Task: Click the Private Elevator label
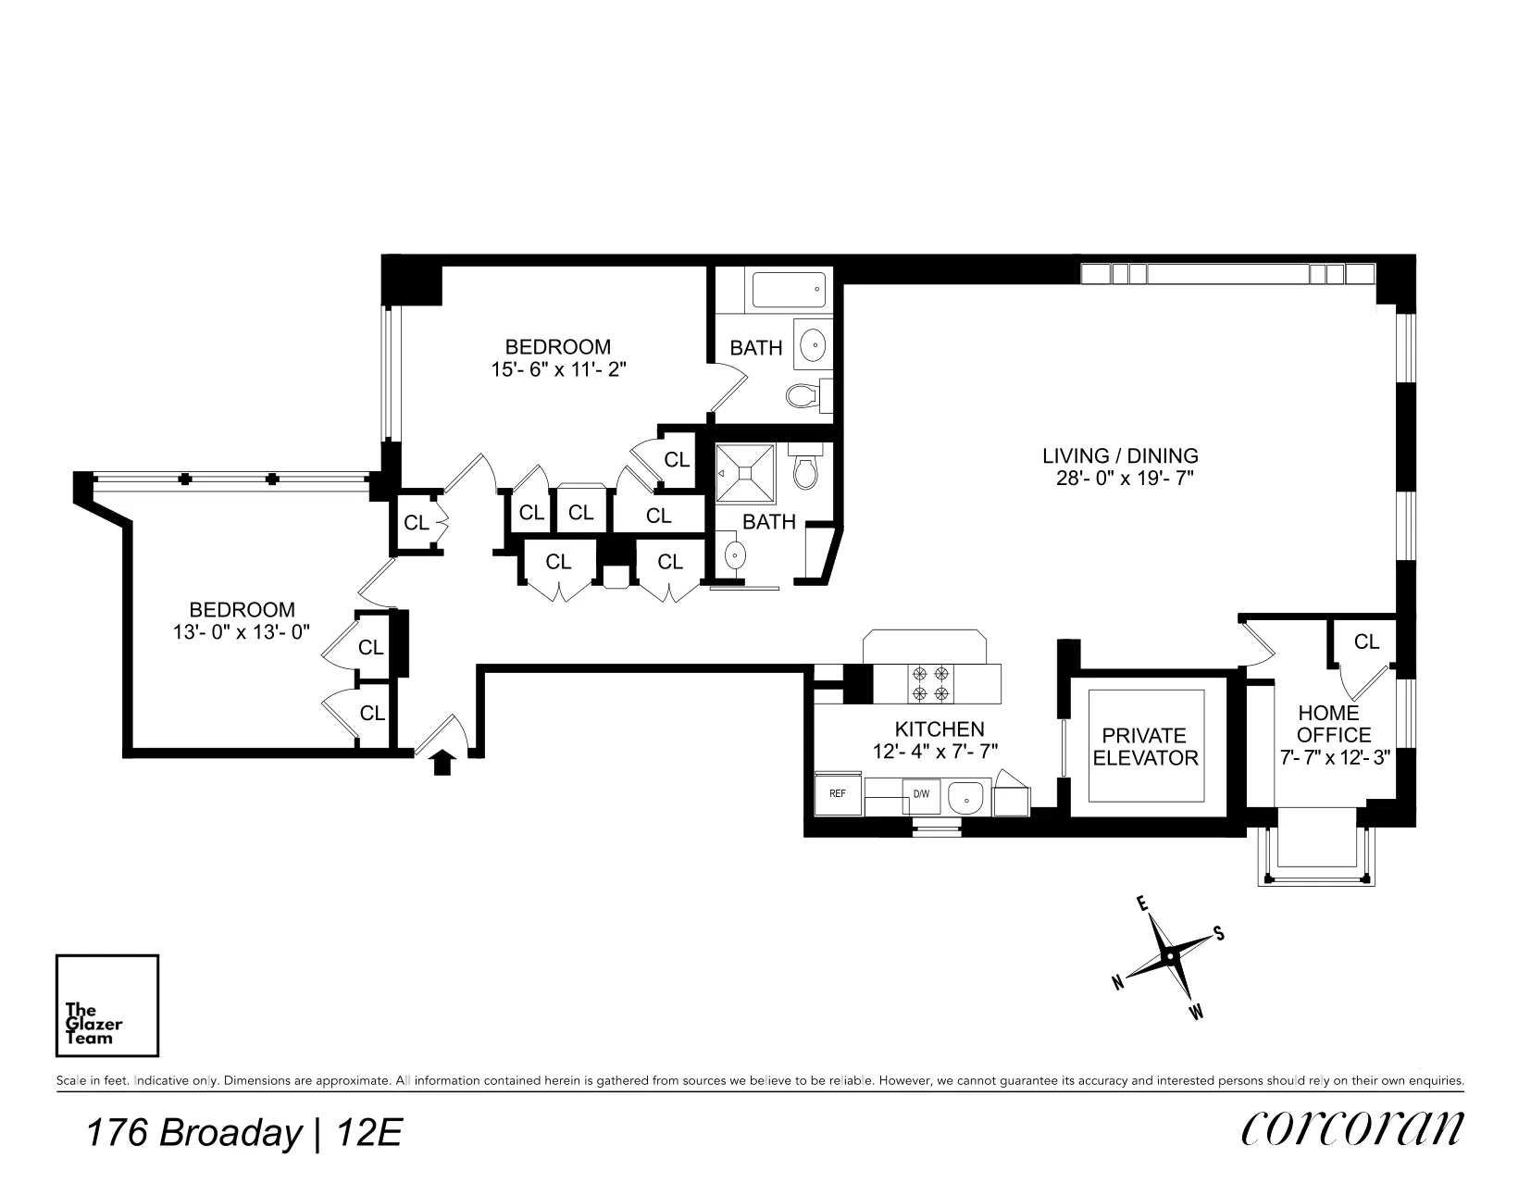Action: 1145,746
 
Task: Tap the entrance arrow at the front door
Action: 442,762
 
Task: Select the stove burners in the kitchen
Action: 930,683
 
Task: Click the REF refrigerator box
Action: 837,793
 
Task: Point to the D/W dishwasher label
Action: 921,794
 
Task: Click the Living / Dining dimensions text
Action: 1120,479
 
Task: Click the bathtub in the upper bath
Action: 787,290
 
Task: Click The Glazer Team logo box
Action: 106,1005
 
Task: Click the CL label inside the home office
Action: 1366,641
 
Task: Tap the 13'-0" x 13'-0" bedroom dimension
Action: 242,632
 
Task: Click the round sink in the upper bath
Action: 814,344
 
